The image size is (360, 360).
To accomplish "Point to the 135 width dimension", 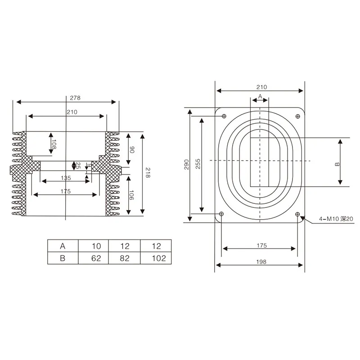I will tap(66, 178).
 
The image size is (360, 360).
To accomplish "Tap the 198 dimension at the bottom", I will tap(261, 261).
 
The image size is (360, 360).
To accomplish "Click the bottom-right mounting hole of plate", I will tap(297, 213).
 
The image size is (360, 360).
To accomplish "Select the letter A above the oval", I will tap(260, 97).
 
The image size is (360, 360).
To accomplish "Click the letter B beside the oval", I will tap(337, 164).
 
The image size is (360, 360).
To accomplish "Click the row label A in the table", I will tap(63, 246).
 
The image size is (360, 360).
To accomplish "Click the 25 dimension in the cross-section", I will tap(78, 165).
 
